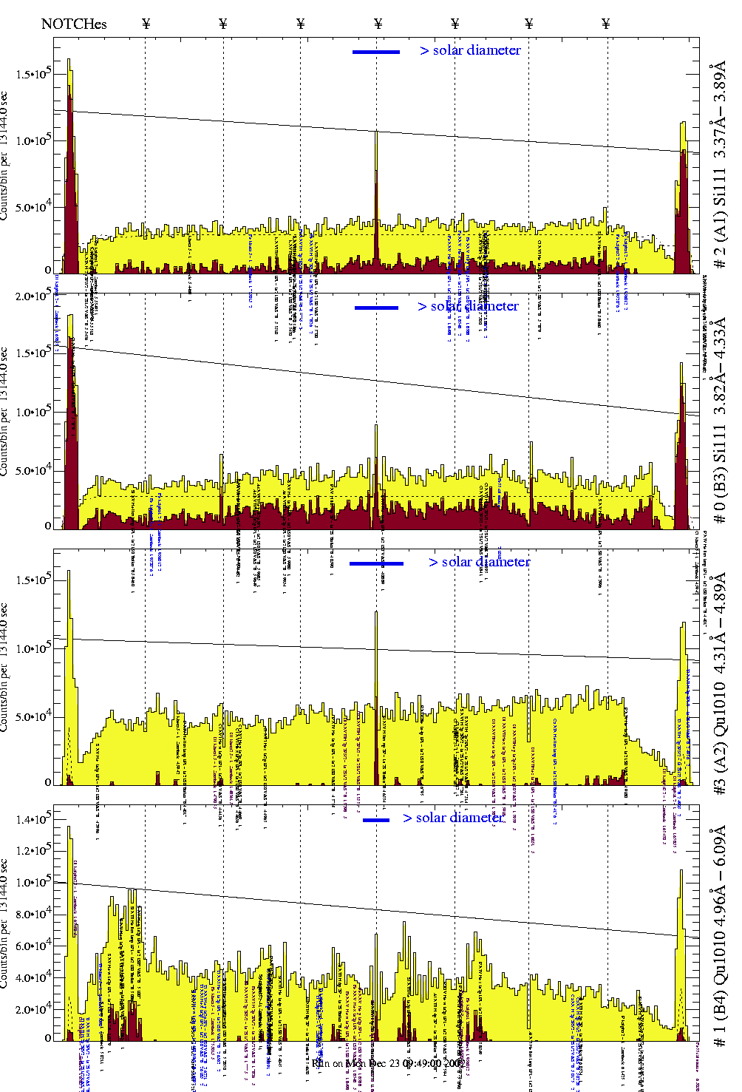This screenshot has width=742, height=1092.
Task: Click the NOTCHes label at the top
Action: tap(74, 24)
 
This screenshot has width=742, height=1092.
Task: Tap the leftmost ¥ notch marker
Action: tap(146, 24)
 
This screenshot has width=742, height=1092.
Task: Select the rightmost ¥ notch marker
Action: tap(606, 24)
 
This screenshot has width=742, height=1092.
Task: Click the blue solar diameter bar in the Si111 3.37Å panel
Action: tap(376, 52)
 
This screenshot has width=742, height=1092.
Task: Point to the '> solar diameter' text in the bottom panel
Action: tap(453, 818)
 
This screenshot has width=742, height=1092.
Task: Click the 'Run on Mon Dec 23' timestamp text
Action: tap(388, 1063)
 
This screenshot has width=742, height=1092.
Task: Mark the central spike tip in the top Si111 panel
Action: tap(376, 132)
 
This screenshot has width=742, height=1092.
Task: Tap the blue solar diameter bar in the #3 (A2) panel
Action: tap(376, 563)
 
